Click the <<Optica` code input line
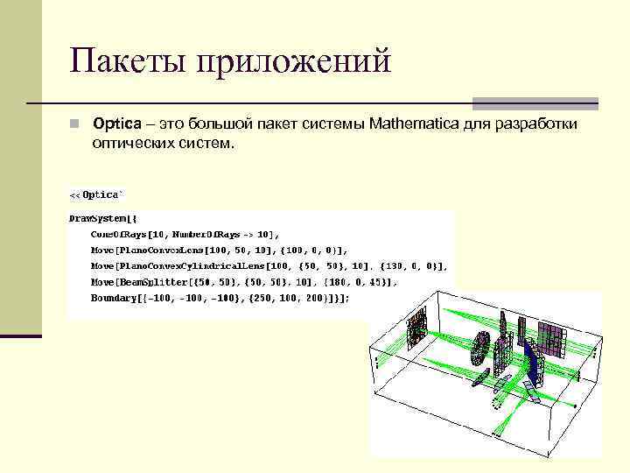(96, 194)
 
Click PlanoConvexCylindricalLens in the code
(189, 266)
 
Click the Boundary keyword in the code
(113, 298)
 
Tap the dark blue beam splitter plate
(533, 364)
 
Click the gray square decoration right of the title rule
(535, 103)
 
